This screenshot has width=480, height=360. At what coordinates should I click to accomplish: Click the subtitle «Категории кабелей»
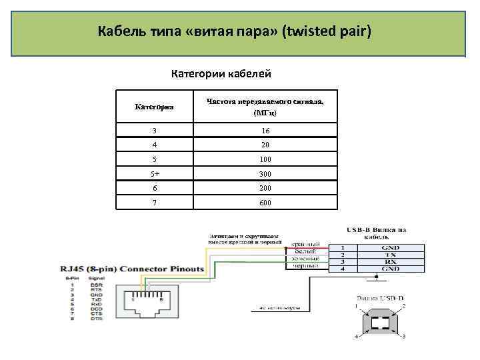click(x=221, y=73)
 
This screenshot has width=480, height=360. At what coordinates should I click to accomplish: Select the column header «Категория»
click(x=154, y=106)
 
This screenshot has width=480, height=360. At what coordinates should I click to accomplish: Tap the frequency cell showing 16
click(x=266, y=131)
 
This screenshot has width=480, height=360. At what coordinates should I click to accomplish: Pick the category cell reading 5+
click(x=154, y=174)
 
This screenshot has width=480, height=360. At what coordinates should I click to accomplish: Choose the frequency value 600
click(x=266, y=203)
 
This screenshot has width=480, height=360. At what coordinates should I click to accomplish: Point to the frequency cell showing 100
click(x=266, y=160)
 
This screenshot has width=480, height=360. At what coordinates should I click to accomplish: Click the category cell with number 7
click(x=154, y=203)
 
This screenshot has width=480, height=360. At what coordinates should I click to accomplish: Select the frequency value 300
click(x=266, y=174)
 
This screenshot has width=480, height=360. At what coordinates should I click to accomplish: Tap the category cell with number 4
click(x=154, y=145)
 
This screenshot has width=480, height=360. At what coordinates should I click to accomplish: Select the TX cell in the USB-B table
click(x=391, y=254)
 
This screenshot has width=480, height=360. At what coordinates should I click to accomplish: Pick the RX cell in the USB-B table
click(x=391, y=261)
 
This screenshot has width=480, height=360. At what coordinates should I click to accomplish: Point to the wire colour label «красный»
click(x=306, y=243)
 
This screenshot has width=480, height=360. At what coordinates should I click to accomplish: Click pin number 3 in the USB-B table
click(x=342, y=261)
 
